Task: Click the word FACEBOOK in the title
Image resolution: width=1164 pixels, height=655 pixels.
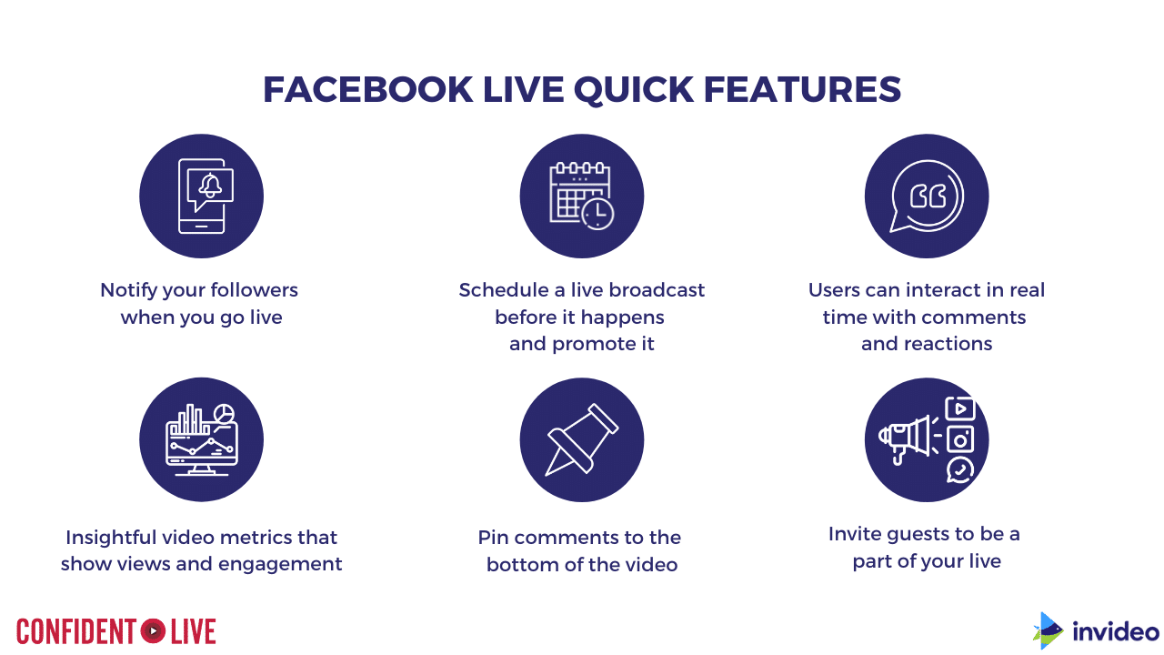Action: coord(368,89)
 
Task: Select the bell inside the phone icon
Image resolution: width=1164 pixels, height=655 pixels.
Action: coord(210,185)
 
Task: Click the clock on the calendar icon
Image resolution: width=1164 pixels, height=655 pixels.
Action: coord(597,213)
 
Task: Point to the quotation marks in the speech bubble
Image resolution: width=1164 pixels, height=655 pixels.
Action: coord(928,196)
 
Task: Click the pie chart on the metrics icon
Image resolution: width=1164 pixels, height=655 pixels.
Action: coord(224,414)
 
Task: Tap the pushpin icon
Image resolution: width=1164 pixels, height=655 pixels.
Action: coord(581,439)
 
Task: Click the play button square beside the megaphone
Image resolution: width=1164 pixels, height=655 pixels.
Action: coord(959,408)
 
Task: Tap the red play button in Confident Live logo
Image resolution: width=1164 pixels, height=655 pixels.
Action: coord(153,631)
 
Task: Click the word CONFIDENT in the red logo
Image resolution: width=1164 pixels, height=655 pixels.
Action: coord(76,631)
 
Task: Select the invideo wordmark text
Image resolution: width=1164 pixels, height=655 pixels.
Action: coord(1116,631)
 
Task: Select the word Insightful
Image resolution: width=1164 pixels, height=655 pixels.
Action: coord(111,537)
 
